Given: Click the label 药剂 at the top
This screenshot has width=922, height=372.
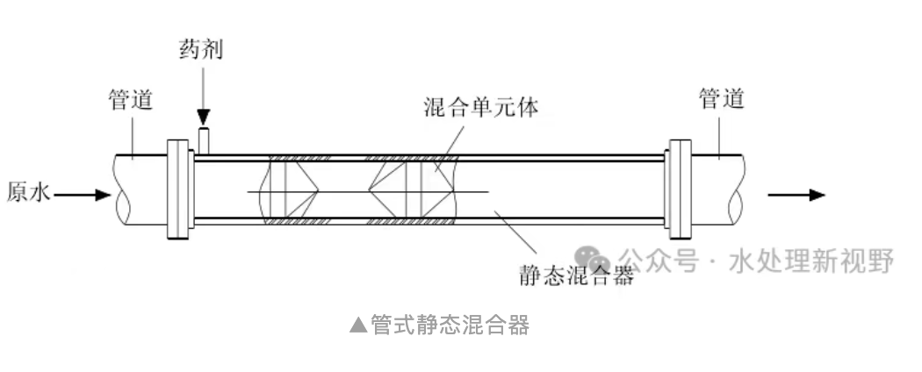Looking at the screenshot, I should coord(201,49).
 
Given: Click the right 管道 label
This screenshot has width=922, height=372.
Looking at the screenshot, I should coord(721,98).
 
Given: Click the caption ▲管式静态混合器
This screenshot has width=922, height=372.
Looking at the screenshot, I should coord(439,325).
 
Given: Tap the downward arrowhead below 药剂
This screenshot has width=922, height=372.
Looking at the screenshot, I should coord(204,117).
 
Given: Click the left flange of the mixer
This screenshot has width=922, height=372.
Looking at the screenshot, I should coord(179,189).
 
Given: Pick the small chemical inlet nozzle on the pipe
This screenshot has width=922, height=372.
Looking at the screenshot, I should coord(204,139).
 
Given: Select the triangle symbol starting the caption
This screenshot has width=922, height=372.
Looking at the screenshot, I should coord(357,326).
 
